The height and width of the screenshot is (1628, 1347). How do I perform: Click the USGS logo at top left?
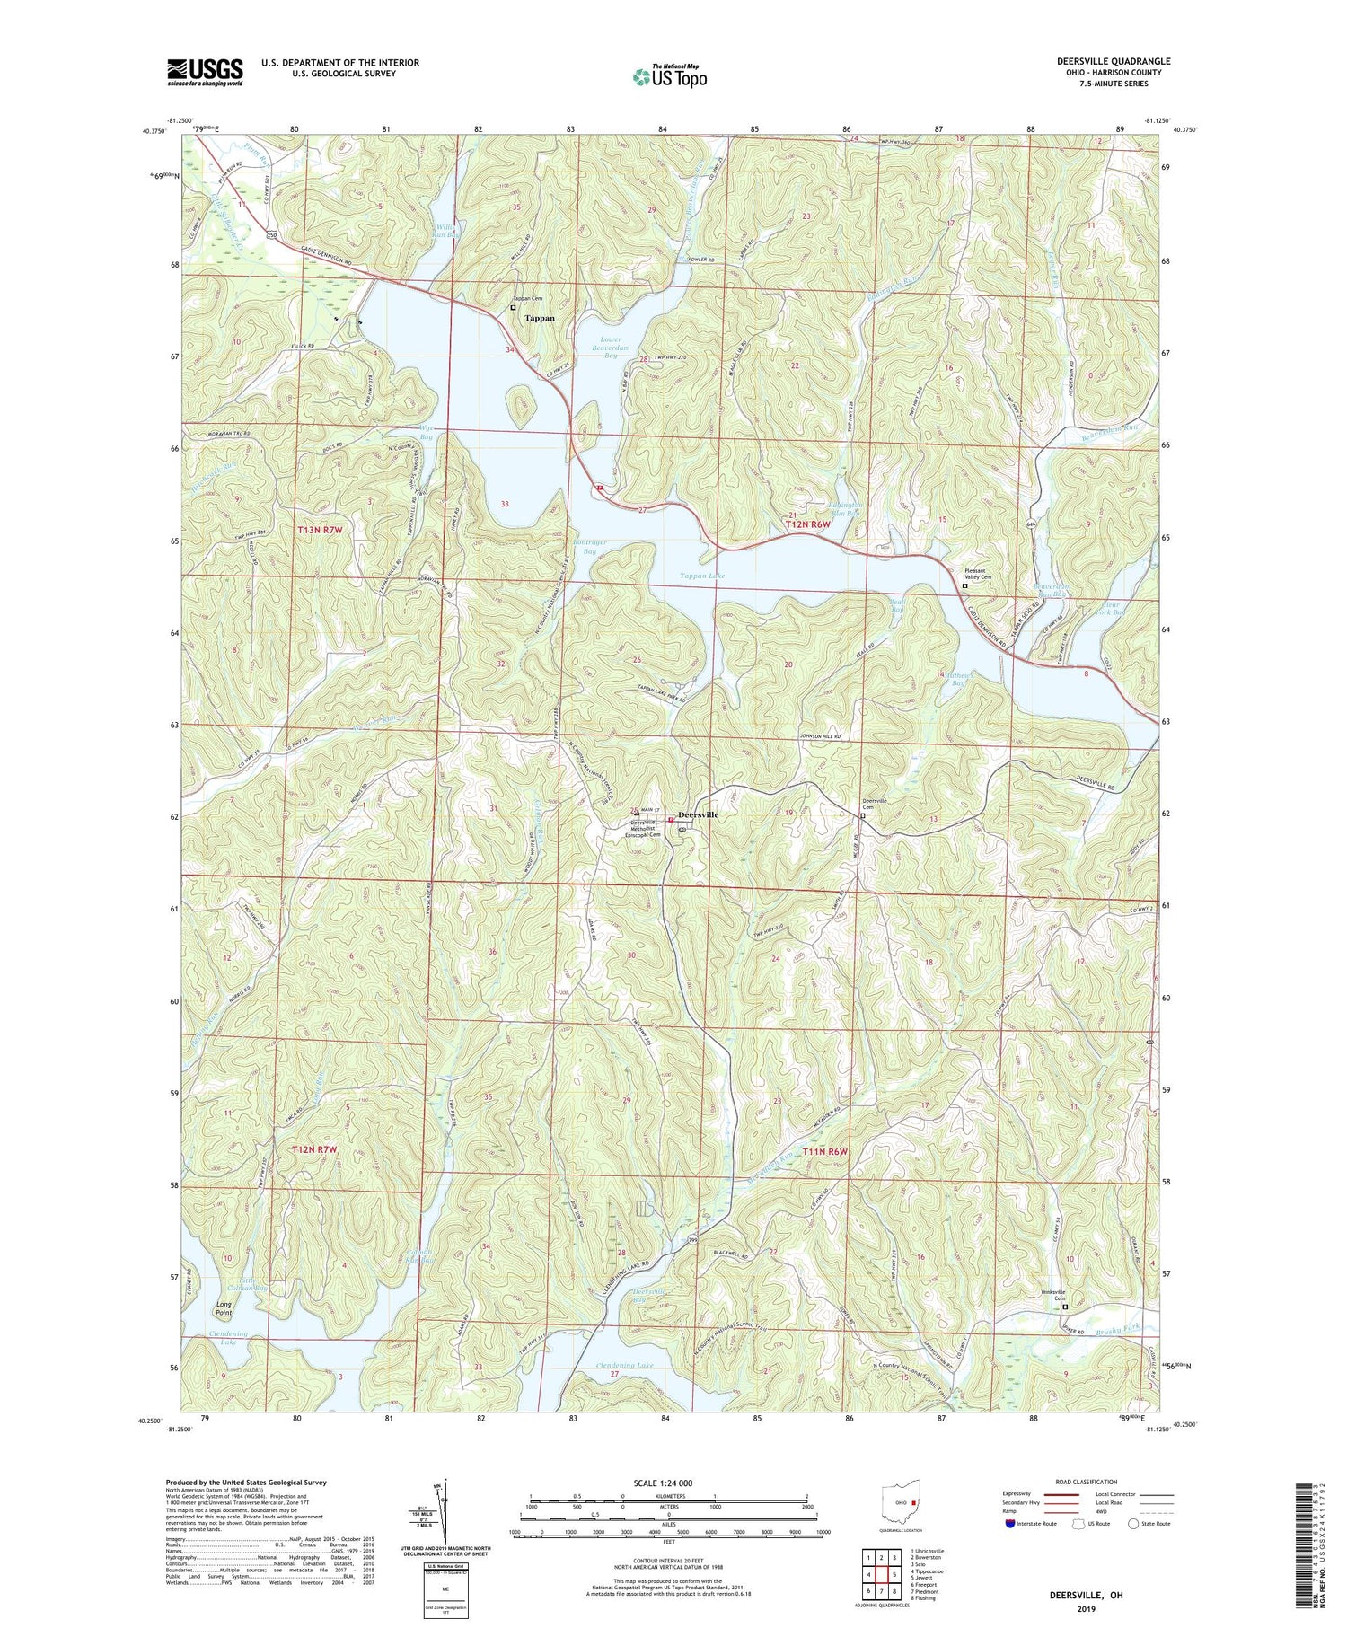[205, 72]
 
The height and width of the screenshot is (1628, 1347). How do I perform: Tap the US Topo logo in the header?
[669, 77]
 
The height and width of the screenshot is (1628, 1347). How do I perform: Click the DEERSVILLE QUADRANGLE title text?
[1113, 61]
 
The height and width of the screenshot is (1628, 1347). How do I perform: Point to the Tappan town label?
[540, 318]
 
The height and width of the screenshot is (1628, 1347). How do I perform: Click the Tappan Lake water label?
[702, 576]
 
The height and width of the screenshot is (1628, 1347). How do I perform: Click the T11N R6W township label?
[825, 1150]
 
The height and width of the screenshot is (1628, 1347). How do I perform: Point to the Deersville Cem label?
[875, 804]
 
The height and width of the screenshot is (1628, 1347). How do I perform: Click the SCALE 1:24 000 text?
[660, 1483]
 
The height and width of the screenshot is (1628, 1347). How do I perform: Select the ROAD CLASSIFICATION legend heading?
[1087, 1482]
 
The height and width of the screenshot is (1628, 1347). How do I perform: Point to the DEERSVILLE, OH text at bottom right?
[1087, 1595]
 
